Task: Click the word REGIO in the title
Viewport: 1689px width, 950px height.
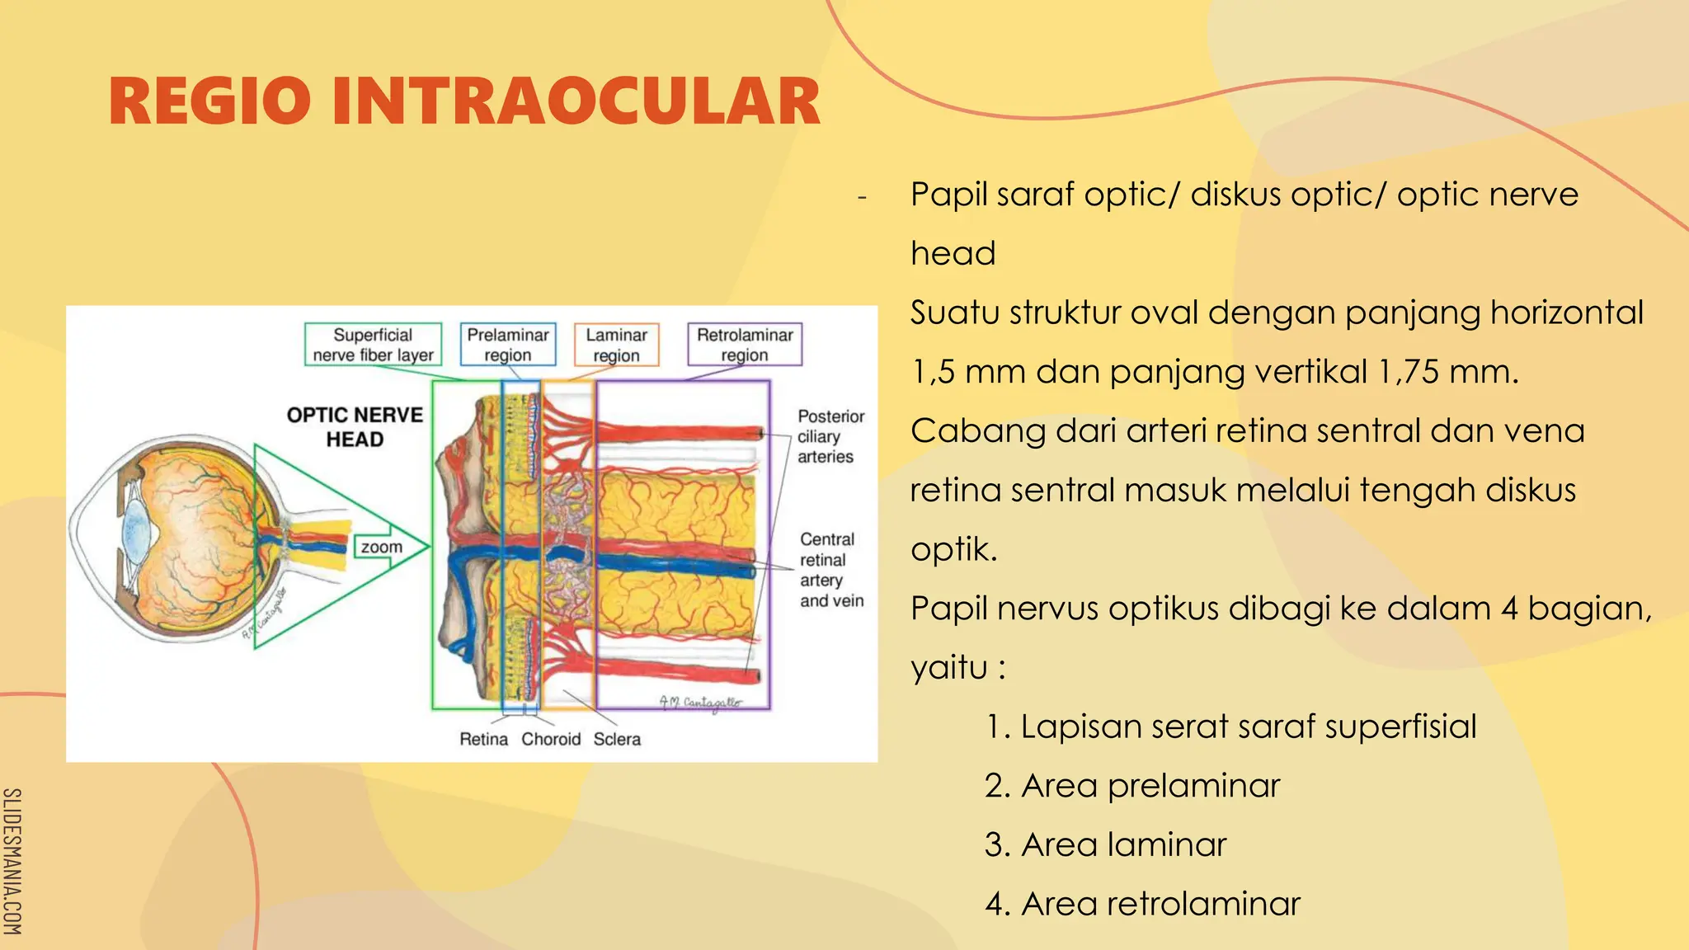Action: (x=209, y=102)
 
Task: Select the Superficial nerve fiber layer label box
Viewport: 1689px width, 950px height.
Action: (x=373, y=345)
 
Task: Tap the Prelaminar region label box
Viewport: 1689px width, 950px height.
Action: (x=507, y=345)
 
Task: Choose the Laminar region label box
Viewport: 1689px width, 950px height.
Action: (x=616, y=345)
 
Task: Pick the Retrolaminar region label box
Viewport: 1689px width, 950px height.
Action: (x=744, y=345)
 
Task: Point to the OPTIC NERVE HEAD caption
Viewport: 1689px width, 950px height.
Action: (x=355, y=427)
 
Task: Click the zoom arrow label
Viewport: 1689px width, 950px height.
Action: (x=382, y=547)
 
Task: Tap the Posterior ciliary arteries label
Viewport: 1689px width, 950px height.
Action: (x=830, y=436)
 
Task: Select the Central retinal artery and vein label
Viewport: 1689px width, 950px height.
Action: (x=830, y=570)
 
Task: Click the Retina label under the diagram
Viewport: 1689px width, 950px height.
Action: (x=483, y=739)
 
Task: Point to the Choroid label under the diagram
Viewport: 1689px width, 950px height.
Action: (x=551, y=739)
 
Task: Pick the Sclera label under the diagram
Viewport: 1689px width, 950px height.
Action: (x=617, y=739)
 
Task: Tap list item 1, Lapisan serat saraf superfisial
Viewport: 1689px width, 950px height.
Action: (x=1230, y=727)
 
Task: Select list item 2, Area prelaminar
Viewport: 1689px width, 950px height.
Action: (x=1132, y=786)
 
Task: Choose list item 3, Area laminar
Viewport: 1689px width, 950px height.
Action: (x=1105, y=845)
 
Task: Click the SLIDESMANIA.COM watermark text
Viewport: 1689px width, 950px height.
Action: (x=12, y=861)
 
